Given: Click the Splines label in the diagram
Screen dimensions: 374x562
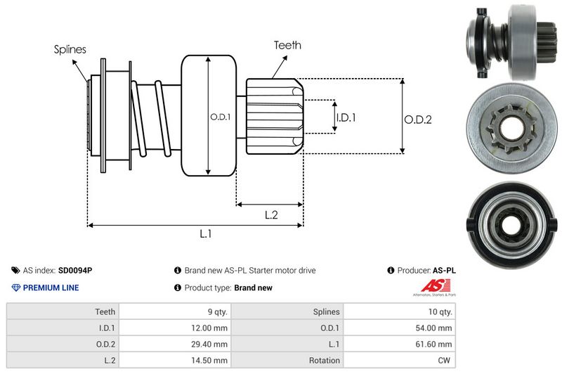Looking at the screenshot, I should [x=70, y=49].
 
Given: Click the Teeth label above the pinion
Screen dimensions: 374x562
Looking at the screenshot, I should [x=287, y=45].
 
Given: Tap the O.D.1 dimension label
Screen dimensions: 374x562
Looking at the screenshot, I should [x=221, y=117].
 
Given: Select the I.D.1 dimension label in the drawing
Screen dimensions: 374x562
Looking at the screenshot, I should [x=346, y=117].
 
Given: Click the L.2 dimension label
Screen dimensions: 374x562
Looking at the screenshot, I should [x=272, y=215].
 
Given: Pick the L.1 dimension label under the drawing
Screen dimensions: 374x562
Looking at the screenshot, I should [x=206, y=235].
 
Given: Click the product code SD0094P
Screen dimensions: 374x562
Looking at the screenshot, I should [x=74, y=271].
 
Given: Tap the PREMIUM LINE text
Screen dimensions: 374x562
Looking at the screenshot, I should [x=51, y=288].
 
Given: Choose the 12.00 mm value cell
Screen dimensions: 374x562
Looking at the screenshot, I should [x=210, y=328].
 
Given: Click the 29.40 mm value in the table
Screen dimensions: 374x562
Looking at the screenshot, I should [x=210, y=344].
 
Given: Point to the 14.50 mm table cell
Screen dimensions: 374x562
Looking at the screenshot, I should [x=210, y=361].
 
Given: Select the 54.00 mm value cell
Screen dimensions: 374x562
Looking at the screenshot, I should [x=435, y=328].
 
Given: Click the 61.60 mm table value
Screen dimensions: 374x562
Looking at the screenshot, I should [x=435, y=344].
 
